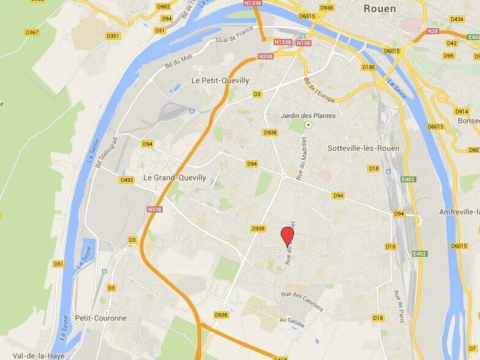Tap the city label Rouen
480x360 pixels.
point(380,9)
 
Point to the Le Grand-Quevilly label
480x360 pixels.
point(174,178)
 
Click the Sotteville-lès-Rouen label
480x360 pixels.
point(363,148)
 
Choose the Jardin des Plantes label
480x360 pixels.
point(308,116)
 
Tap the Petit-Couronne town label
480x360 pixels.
point(100,318)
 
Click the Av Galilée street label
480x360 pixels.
point(291,322)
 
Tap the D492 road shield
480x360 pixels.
point(127,180)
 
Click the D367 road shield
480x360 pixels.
point(32,32)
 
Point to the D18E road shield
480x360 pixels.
point(368,67)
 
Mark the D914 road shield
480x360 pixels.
point(462,111)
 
